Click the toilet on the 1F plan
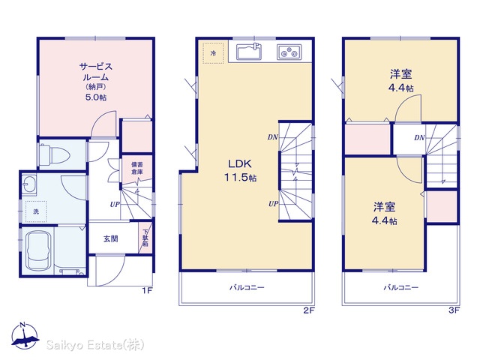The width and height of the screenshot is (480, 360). (55, 154)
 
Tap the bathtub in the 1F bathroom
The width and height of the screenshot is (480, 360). (39, 250)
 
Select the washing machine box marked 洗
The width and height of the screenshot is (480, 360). (36, 211)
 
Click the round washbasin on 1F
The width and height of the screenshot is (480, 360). (28, 184)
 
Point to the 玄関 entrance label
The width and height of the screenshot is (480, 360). (110, 238)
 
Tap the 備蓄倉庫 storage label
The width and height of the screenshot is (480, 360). (137, 168)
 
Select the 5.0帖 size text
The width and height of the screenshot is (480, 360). (96, 97)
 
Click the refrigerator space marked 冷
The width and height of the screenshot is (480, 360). (213, 53)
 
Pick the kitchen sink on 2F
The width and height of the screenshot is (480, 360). (249, 52)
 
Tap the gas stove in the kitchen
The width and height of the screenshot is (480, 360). (289, 52)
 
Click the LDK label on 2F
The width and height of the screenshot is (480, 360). (240, 163)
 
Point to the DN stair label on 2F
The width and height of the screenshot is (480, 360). (272, 137)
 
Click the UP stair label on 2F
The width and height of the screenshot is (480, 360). (273, 203)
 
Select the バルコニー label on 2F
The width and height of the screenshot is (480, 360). (247, 287)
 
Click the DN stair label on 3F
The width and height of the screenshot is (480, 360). (419, 138)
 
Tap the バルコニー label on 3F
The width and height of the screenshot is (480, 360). (401, 287)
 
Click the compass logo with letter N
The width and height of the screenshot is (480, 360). (25, 335)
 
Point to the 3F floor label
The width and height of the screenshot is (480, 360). (454, 310)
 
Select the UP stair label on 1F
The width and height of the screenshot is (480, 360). (115, 204)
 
